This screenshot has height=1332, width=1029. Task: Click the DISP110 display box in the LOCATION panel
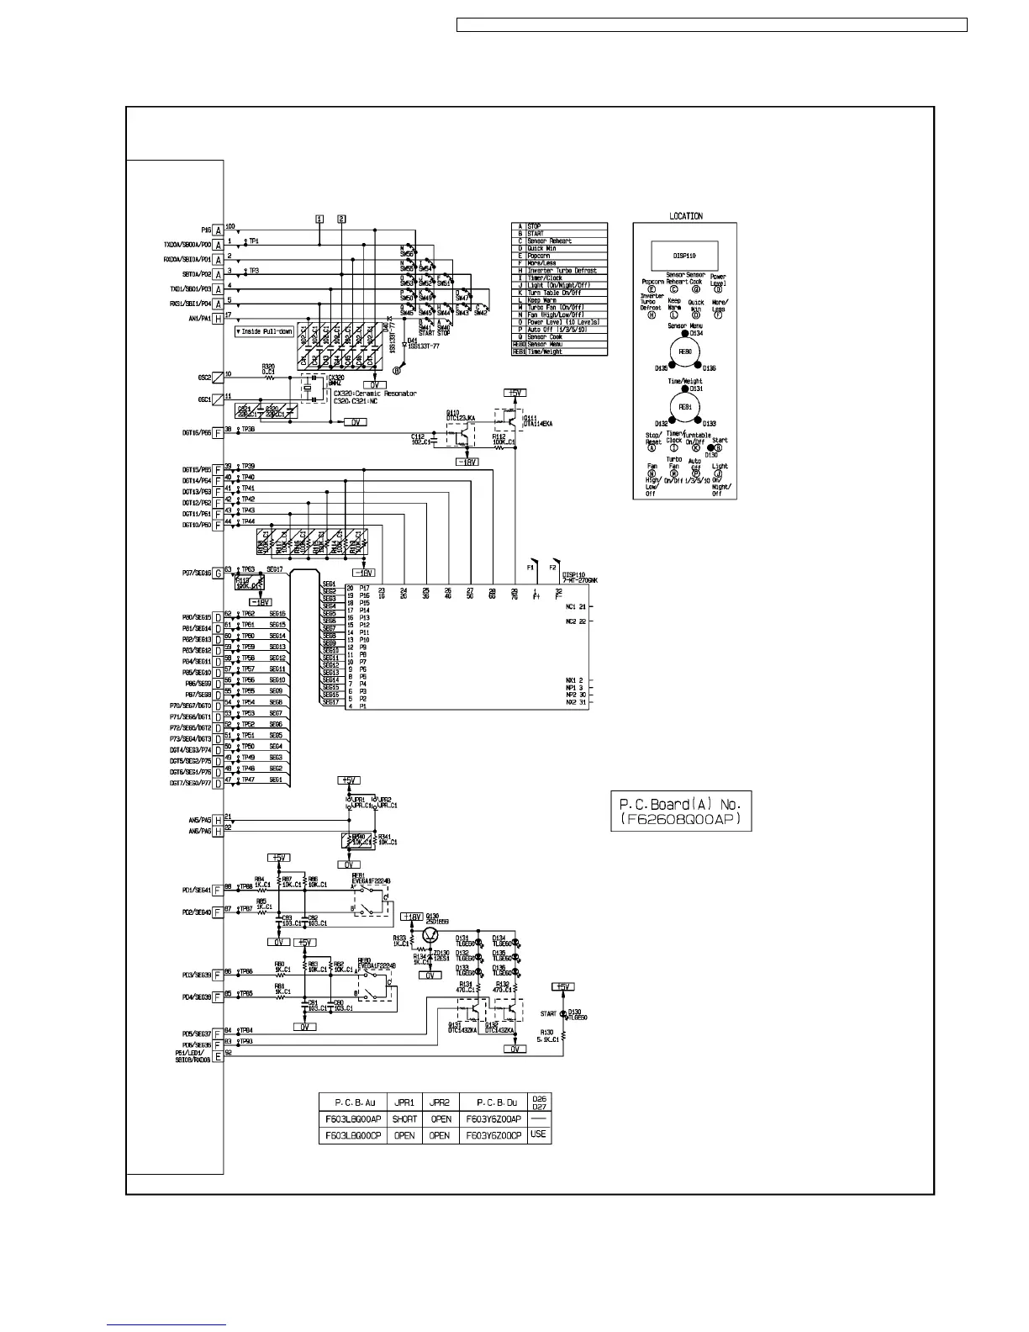pyautogui.click(x=684, y=255)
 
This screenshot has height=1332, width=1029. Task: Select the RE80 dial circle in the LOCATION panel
pyautogui.click(x=685, y=351)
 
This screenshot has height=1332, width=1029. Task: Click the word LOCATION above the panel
pyautogui.click(x=685, y=216)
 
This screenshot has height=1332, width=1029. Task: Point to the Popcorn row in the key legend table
pyautogui.click(x=559, y=256)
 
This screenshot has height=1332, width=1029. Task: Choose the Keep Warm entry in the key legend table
pyautogui.click(x=559, y=300)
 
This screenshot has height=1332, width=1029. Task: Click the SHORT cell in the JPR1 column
pyautogui.click(x=404, y=1119)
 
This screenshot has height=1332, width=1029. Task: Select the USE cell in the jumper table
pyautogui.click(x=539, y=1134)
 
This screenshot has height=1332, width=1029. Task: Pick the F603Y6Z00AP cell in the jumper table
pyautogui.click(x=493, y=1119)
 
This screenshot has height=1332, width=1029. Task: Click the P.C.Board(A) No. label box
pyautogui.click(x=681, y=811)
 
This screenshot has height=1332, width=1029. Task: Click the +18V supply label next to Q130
pyautogui.click(x=410, y=917)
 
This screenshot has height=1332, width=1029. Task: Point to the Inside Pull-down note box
pyautogui.click(x=264, y=332)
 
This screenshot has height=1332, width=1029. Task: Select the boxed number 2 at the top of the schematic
pyautogui.click(x=341, y=219)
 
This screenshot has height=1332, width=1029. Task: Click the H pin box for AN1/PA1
pyautogui.click(x=218, y=319)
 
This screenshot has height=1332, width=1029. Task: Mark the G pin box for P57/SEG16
pyautogui.click(x=218, y=573)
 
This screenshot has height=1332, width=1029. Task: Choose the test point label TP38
pyautogui.click(x=248, y=430)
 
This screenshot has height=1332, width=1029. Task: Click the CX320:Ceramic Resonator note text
pyautogui.click(x=374, y=394)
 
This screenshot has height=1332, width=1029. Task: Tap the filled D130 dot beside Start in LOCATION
pyautogui.click(x=711, y=447)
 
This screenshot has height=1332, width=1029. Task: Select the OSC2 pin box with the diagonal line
pyautogui.click(x=218, y=378)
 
